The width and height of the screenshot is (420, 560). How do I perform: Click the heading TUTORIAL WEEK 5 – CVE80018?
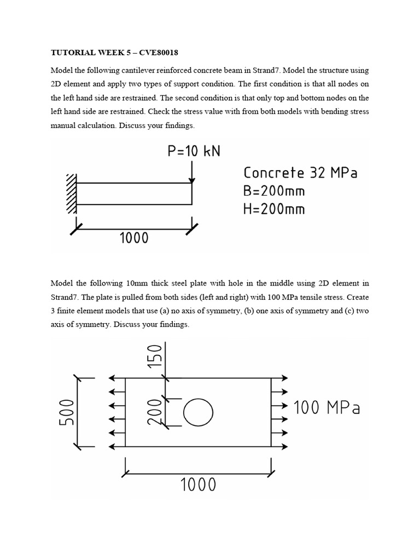pos(114,53)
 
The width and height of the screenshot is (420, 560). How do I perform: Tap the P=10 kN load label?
pos(194,151)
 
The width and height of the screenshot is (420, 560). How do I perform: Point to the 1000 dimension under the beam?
pos(133,237)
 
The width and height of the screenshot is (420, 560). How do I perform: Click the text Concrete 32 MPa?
pos(300,173)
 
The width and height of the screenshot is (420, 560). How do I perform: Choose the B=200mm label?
pos(274,191)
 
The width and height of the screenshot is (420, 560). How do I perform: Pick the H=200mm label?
pos(274,208)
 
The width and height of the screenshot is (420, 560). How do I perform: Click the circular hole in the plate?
pos(197,412)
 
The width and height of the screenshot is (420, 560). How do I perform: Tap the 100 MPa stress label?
pos(328,407)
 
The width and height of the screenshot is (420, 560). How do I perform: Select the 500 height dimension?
pos(65,412)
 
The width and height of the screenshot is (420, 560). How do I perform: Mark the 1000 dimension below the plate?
pos(198,485)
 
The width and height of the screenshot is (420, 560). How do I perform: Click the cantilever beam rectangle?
pos(134,194)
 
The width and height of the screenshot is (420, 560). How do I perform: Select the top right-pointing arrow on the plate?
pos(281,378)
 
